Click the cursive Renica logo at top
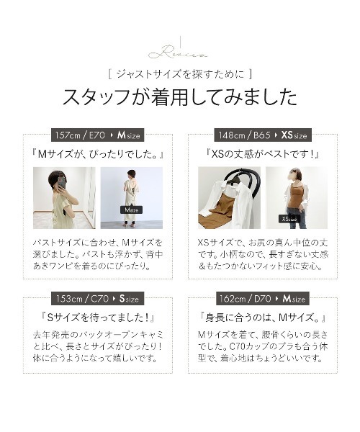[x=179, y=52]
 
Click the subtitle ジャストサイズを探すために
[x=179, y=74]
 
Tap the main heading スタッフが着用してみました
[x=179, y=97]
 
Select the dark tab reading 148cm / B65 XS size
[x=263, y=135]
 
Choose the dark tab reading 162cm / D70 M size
[x=263, y=297]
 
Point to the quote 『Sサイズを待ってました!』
[x=99, y=317]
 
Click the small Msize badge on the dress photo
[x=132, y=210]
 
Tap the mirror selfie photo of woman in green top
[x=64, y=197]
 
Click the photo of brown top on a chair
[x=229, y=197]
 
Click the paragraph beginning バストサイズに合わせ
[x=99, y=254]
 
